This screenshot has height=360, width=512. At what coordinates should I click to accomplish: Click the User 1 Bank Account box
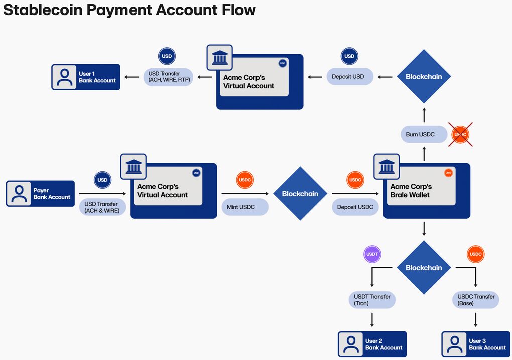(86, 77)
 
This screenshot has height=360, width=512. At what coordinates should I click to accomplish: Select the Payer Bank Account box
(40, 194)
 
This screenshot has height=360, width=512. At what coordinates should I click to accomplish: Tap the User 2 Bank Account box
(372, 344)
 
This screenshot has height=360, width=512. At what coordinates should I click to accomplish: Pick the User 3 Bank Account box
(475, 344)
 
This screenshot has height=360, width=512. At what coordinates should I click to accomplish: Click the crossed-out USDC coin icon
(460, 134)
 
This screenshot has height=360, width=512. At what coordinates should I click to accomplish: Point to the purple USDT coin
(372, 254)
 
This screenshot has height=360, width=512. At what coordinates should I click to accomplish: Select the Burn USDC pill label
(420, 134)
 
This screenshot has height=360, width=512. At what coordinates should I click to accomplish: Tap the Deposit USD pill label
(348, 77)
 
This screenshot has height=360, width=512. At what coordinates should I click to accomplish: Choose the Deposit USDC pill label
(355, 207)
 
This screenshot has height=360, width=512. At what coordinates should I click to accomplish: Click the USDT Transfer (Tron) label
(372, 300)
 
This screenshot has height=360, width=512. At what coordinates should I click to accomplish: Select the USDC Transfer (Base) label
(475, 300)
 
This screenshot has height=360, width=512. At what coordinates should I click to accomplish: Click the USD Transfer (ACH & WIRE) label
(102, 207)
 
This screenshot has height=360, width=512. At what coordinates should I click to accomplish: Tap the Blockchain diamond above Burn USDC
(424, 77)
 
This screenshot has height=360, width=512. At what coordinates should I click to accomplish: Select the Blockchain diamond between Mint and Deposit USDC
(300, 194)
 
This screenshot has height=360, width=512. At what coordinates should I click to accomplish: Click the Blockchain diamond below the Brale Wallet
(424, 268)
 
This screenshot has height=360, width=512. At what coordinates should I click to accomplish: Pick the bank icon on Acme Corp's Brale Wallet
(387, 166)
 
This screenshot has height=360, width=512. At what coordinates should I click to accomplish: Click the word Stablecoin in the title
(46, 10)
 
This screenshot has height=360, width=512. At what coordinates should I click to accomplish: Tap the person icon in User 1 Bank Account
(64, 77)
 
